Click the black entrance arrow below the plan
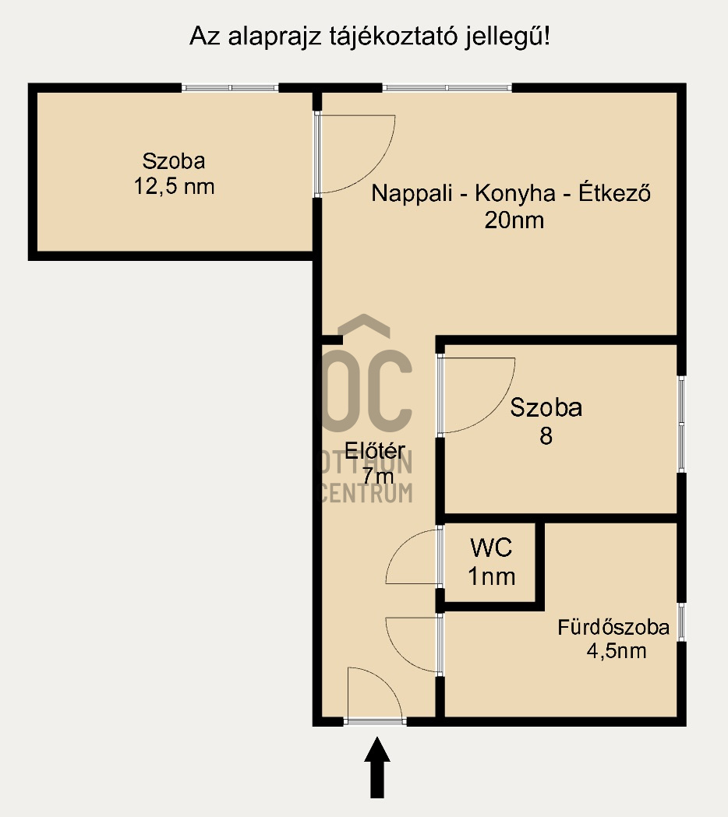pyautogui.click(x=377, y=767)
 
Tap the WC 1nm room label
pyautogui.click(x=492, y=562)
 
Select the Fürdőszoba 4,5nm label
pyautogui.click(x=613, y=639)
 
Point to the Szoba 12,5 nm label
pyautogui.click(x=174, y=174)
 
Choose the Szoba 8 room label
pyautogui.click(x=546, y=421)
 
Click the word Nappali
pyautogui.click(x=412, y=193)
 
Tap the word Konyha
pyautogui.click(x=515, y=193)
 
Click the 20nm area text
pyautogui.click(x=514, y=220)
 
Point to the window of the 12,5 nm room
pyautogui.click(x=230, y=88)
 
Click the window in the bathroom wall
pyautogui.click(x=681, y=622)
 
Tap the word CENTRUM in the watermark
pyautogui.click(x=366, y=493)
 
